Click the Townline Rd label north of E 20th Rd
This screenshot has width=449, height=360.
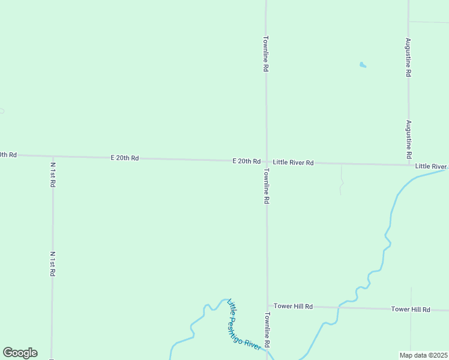tap(265, 54)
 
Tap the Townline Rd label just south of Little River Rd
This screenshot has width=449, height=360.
tap(265, 186)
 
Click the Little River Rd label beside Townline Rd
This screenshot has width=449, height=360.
tap(294, 163)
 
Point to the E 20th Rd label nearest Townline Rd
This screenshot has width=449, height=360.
tap(247, 161)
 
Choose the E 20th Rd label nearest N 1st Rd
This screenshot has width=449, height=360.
tap(125, 158)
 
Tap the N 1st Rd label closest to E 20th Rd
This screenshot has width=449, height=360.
tap(53, 175)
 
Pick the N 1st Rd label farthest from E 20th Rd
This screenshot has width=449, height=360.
tap(53, 263)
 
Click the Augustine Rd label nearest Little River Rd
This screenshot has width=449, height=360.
tap(408, 139)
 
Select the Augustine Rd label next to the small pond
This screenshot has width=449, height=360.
tap(408, 57)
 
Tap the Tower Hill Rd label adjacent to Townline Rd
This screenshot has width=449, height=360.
tap(294, 307)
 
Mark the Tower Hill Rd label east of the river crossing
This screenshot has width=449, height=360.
tap(411, 310)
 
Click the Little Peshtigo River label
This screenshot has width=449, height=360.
tap(244, 325)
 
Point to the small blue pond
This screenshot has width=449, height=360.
tap(363, 65)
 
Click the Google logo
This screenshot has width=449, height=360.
tap(20, 353)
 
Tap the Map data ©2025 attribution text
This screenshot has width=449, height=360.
tap(423, 355)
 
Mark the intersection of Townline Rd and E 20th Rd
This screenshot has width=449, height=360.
tap(267, 161)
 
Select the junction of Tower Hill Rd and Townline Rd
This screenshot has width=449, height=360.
tap(267, 306)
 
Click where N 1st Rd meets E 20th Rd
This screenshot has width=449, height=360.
tap(53, 156)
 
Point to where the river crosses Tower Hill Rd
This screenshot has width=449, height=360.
tap(339, 307)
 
